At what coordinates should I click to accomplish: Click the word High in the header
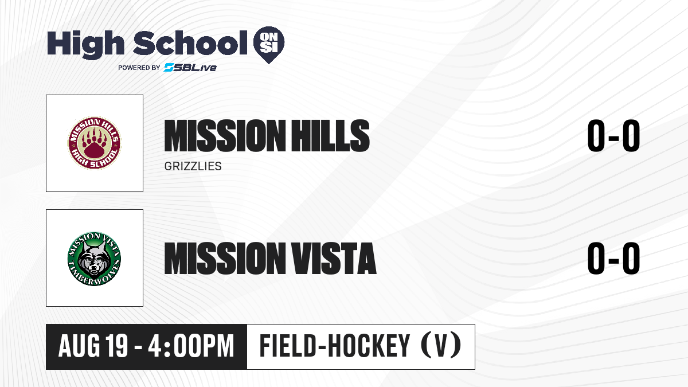(85, 44)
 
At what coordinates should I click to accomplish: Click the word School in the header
(190, 43)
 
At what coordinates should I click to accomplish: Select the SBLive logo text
(190, 67)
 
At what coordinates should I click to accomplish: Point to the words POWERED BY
(139, 68)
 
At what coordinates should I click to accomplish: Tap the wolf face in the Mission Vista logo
(94, 259)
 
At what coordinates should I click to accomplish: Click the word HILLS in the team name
(330, 136)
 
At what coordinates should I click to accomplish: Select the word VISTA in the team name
(334, 258)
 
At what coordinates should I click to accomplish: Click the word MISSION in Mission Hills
(225, 136)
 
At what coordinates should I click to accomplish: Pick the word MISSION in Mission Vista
(225, 258)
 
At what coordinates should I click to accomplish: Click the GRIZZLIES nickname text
(193, 166)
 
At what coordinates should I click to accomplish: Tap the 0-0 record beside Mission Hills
(613, 136)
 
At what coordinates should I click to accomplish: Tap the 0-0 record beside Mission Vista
(613, 258)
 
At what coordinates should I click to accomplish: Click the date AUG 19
(93, 346)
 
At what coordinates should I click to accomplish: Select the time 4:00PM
(191, 346)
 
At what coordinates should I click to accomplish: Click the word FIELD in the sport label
(288, 346)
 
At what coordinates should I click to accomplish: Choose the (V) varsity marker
(441, 346)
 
